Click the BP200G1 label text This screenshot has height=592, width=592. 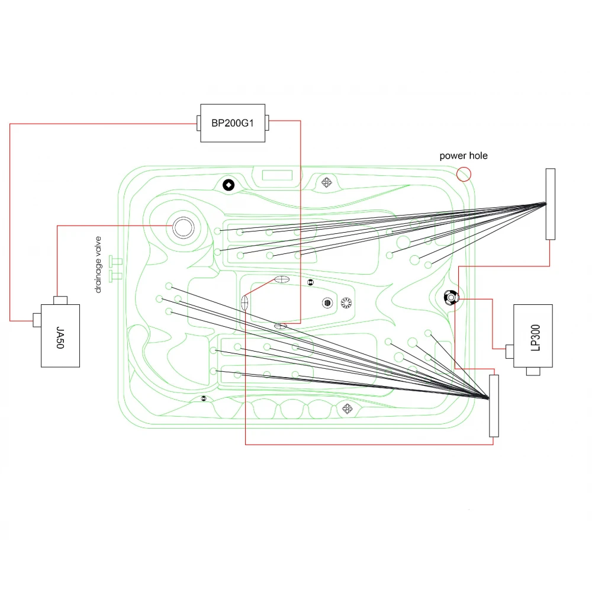[x=233, y=123]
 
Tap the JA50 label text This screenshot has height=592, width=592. [x=60, y=337]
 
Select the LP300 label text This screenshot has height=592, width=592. [x=535, y=337]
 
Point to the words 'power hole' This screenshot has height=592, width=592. [x=464, y=156]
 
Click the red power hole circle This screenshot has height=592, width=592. [x=464, y=174]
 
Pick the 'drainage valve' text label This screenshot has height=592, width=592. [x=98, y=264]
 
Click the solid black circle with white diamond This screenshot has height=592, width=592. [x=229, y=185]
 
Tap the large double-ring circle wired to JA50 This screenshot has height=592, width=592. [x=184, y=227]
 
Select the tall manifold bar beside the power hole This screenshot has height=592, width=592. [x=551, y=204]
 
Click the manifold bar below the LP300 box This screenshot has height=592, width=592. [x=494, y=406]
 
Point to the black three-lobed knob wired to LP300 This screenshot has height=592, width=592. [x=451, y=298]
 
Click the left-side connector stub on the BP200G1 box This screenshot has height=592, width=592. [x=198, y=123]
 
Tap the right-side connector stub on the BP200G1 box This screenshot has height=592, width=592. [x=267, y=123]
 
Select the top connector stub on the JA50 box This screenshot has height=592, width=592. [x=60, y=301]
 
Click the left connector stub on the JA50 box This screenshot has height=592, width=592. [x=37, y=320]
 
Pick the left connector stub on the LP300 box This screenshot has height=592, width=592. [x=510, y=352]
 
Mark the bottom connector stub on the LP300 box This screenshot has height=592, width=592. [x=533, y=372]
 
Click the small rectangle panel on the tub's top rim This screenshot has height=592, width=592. [x=277, y=175]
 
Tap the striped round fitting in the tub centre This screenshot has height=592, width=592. [x=327, y=303]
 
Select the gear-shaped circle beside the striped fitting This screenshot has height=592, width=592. [x=346, y=303]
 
